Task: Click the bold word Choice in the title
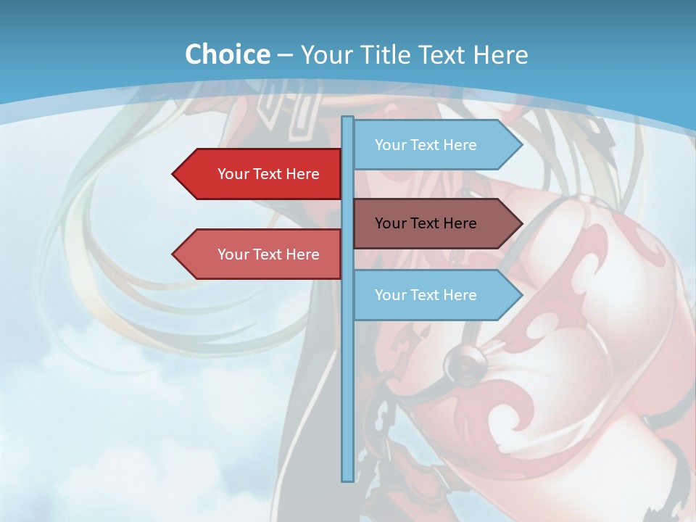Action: (227, 54)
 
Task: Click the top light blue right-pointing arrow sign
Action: (435, 145)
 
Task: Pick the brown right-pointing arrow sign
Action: (435, 223)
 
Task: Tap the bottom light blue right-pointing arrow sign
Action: (435, 295)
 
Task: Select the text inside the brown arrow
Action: (426, 223)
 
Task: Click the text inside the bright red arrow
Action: (268, 174)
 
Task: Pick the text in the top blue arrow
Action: (426, 145)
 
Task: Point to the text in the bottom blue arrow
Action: (426, 295)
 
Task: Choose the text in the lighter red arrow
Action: (268, 254)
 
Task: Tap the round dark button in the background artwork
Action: (460, 357)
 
